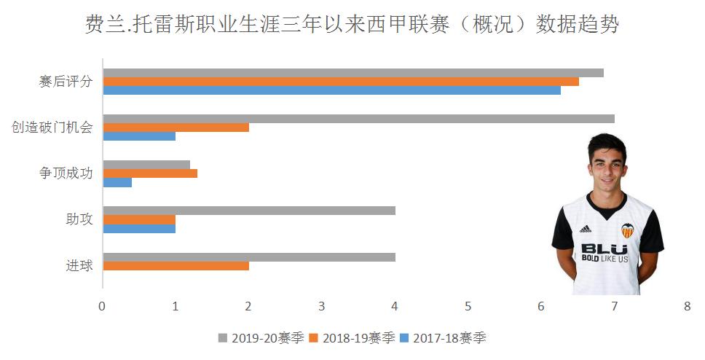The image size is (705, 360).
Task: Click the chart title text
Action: click(x=352, y=25)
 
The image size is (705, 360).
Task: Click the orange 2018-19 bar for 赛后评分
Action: click(x=341, y=82)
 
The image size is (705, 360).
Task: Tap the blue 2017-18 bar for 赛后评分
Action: click(x=331, y=90)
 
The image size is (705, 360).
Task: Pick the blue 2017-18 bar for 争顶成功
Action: click(x=117, y=182)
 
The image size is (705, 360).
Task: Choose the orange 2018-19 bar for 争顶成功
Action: click(x=150, y=173)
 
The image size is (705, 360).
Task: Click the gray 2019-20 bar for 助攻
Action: click(x=249, y=211)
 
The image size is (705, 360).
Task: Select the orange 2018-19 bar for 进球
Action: click(x=176, y=266)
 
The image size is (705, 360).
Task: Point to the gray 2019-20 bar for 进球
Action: click(x=249, y=257)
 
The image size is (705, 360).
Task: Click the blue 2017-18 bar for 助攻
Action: click(x=139, y=228)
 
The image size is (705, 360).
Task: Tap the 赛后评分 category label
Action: click(x=66, y=82)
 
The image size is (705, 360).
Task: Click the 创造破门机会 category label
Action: click(x=52, y=128)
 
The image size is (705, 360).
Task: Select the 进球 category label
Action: click(x=79, y=265)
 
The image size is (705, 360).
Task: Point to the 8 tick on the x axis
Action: click(x=687, y=307)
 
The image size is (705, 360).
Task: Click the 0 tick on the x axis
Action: click(x=103, y=307)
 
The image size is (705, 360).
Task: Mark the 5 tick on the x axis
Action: click(x=468, y=307)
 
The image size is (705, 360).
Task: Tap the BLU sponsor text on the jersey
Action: click(x=604, y=249)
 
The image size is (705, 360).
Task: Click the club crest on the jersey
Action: click(x=627, y=230)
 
